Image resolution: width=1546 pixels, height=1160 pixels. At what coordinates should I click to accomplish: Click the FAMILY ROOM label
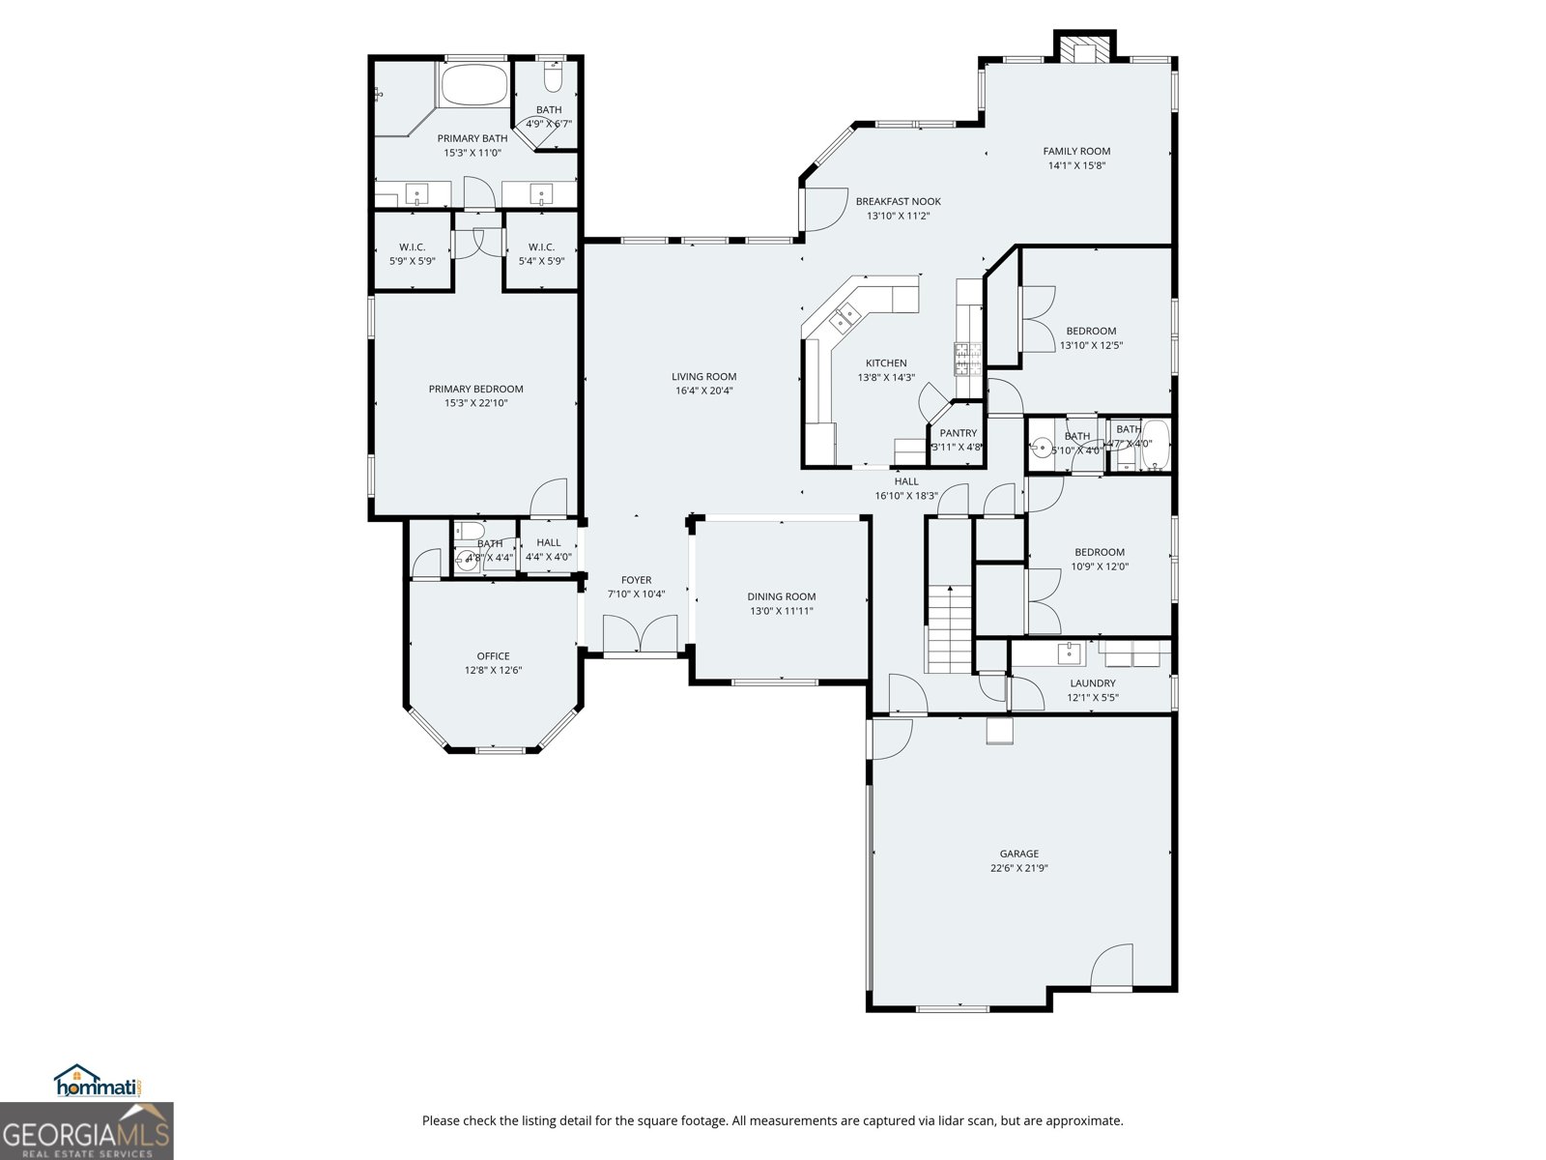(x=1076, y=151)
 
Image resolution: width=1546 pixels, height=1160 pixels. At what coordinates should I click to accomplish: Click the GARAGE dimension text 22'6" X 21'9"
(x=1018, y=868)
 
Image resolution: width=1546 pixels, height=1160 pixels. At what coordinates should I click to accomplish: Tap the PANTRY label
(x=958, y=433)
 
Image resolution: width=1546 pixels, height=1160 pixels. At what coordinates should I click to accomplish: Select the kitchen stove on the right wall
(x=967, y=359)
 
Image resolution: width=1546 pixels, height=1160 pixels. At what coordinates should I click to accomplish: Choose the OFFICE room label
(x=493, y=656)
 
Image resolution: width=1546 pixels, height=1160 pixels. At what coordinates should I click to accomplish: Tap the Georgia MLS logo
(x=87, y=1132)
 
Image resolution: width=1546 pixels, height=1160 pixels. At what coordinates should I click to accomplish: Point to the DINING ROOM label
(x=781, y=596)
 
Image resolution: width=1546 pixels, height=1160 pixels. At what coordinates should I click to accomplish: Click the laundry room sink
(x=1070, y=653)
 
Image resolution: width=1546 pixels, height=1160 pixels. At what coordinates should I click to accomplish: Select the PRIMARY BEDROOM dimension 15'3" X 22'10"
(x=475, y=403)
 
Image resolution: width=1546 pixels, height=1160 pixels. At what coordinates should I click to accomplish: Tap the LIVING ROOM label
(x=703, y=377)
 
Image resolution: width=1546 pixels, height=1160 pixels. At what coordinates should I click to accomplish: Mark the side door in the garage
(x=1111, y=967)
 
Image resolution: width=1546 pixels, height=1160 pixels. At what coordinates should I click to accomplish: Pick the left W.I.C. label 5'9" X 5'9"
(x=412, y=261)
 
